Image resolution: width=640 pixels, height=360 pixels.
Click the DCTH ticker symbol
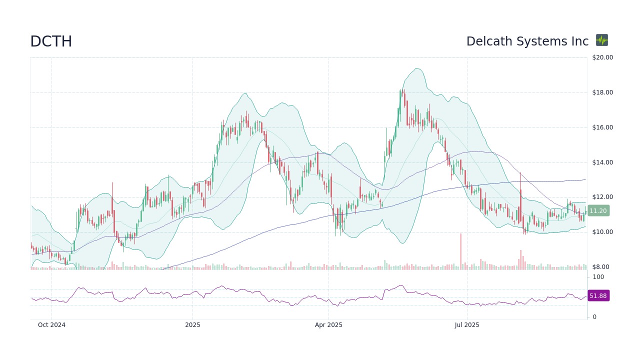coord(51,41)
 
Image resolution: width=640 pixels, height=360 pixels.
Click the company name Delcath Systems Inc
coord(527,41)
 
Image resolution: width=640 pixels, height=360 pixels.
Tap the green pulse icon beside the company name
coord(602,40)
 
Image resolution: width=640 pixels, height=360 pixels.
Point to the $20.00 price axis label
coord(602,57)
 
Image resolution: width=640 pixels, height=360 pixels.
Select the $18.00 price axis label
coord(602,92)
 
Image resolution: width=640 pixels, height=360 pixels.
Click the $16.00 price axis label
coord(602,127)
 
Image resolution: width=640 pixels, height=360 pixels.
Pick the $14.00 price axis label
coord(602,162)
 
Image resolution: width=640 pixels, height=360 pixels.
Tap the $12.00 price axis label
coord(602,197)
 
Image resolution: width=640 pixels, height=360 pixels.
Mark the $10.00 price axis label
coord(602,232)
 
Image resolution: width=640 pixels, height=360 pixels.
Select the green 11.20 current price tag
coord(598,211)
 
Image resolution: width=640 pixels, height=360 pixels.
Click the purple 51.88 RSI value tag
coord(598,296)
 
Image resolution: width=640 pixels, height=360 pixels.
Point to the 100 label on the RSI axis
coord(598,277)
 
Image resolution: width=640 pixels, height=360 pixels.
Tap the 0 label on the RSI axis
coord(594,317)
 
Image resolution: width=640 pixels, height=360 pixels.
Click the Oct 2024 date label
coord(51,325)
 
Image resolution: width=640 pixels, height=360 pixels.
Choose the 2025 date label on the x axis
coord(192,325)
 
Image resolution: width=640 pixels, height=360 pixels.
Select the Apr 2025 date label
coord(328,325)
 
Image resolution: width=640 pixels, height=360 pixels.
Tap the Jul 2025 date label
coord(467,325)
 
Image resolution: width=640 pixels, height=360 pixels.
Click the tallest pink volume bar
coord(460,251)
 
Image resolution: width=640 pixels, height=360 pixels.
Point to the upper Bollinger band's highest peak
coord(415,68)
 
